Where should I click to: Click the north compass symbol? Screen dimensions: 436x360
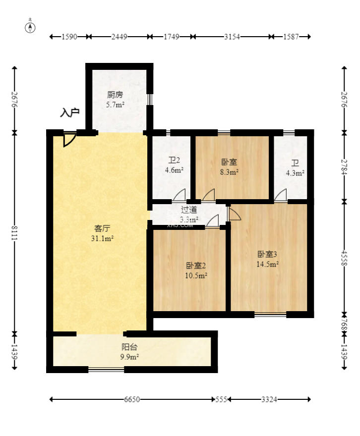(x=31, y=27)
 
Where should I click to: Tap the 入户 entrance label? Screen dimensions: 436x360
(x=69, y=113)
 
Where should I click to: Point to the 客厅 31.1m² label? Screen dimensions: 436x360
(x=102, y=233)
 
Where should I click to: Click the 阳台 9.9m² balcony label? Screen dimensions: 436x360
(x=130, y=351)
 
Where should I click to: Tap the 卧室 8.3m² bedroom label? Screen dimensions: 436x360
(x=229, y=167)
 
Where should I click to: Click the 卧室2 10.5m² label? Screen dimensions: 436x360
(x=196, y=270)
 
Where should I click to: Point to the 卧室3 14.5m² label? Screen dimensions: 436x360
(x=267, y=259)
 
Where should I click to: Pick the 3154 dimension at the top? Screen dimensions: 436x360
(x=232, y=37)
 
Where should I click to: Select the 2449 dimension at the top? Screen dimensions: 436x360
(x=120, y=37)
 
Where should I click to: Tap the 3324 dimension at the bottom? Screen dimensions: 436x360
(x=269, y=399)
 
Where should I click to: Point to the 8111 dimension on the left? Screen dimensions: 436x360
(x=14, y=233)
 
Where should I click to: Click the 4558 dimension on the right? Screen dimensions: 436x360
(x=345, y=258)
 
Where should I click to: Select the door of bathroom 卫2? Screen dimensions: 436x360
(x=179, y=196)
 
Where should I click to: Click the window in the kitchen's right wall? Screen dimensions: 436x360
(x=149, y=99)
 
